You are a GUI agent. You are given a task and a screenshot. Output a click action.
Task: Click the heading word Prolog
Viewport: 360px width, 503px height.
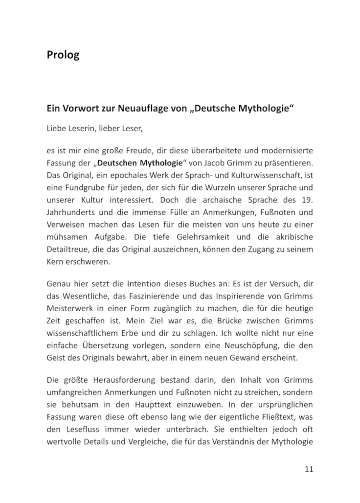pyautogui.click(x=63, y=55)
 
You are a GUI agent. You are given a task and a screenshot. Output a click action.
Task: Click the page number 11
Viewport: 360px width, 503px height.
pyautogui.click(x=308, y=469)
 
